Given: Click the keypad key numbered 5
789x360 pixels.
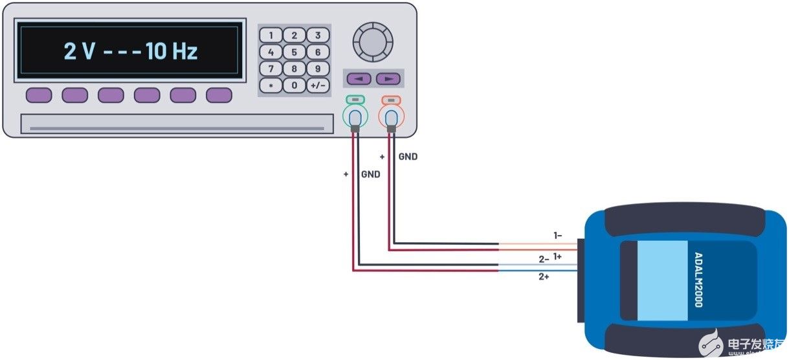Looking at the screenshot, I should point(294,52).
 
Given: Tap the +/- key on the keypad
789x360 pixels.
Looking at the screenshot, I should point(317,85).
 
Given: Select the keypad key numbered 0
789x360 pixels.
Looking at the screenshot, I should point(294,85).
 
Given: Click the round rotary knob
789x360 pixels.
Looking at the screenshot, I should point(372,41).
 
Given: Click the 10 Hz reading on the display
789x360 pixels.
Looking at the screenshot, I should point(172,52).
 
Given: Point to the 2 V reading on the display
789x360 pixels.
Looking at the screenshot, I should point(79,52).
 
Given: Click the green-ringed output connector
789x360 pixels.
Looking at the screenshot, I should point(354,118).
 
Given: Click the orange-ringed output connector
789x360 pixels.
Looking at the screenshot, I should point(391,118).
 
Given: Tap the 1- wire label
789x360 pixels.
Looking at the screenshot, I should point(557,236).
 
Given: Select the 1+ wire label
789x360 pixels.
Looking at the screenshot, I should point(557,256).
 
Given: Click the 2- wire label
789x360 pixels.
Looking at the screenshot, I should point(544,258).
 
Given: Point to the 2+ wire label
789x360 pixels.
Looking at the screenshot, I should point(544,276).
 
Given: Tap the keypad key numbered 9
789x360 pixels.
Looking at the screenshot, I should point(317,69).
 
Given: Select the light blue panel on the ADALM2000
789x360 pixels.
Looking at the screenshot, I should point(663,280).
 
